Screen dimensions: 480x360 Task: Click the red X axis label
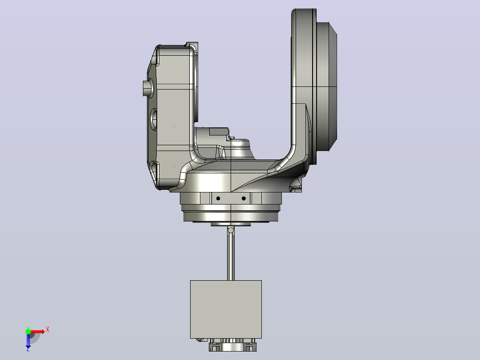click(x=48, y=330)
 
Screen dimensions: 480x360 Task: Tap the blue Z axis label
click(x=28, y=349)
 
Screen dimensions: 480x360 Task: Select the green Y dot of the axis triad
click(x=28, y=331)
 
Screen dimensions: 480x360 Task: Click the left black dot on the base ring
click(x=218, y=199)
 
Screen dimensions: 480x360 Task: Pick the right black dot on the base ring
click(x=244, y=199)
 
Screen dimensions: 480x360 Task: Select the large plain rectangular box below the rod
click(x=226, y=310)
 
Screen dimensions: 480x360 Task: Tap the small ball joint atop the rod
click(x=231, y=229)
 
